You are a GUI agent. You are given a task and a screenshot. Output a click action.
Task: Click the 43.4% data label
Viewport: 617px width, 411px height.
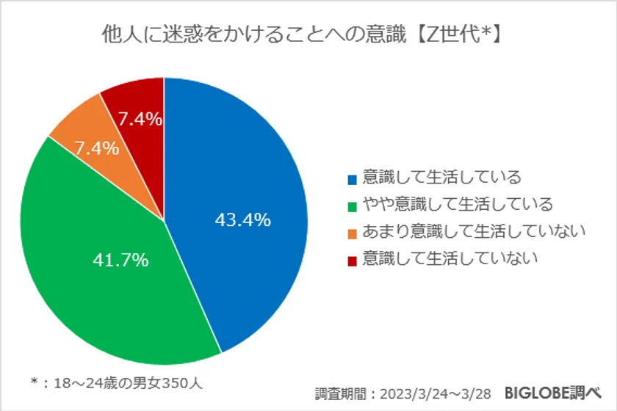(243, 219)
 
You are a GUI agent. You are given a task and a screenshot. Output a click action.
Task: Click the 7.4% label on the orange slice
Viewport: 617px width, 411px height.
(96, 148)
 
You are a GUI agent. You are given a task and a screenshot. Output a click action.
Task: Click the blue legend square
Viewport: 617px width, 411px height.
(352, 179)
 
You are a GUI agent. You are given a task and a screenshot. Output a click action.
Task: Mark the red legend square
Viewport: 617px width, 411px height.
(352, 260)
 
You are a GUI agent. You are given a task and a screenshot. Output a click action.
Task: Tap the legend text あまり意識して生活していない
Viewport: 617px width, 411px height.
(475, 232)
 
